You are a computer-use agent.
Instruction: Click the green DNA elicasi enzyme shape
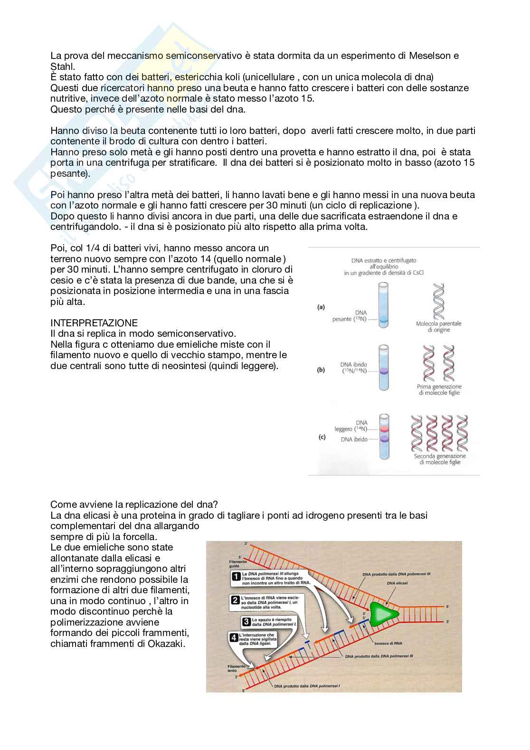point(382,614)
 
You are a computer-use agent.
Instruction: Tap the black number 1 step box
point(235,577)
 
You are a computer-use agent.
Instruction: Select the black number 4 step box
point(234,638)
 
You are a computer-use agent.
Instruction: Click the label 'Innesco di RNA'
point(388,644)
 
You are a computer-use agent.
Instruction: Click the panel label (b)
point(321,370)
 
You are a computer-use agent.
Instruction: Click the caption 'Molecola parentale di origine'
point(438,326)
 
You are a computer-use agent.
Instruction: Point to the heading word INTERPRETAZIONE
point(94,323)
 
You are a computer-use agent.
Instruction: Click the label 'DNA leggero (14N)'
point(351,426)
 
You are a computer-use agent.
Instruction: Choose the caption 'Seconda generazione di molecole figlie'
point(440,459)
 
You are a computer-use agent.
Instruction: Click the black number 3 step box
point(246,621)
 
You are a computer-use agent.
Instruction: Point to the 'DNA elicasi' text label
point(397,583)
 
